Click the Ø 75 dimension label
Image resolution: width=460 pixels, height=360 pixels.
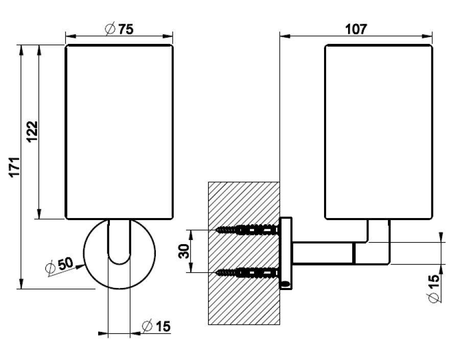(x=119, y=29)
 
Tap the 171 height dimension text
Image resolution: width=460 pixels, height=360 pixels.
(x=15, y=167)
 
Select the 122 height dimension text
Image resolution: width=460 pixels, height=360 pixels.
(x=32, y=131)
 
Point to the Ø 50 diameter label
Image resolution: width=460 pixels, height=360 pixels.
(x=60, y=266)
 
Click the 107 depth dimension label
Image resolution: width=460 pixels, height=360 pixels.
(x=356, y=29)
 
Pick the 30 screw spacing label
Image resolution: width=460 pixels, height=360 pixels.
(x=184, y=251)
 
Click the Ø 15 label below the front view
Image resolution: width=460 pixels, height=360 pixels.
(x=156, y=326)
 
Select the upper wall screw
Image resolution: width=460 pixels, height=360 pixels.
(x=247, y=230)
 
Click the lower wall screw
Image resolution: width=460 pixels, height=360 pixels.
(x=247, y=273)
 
